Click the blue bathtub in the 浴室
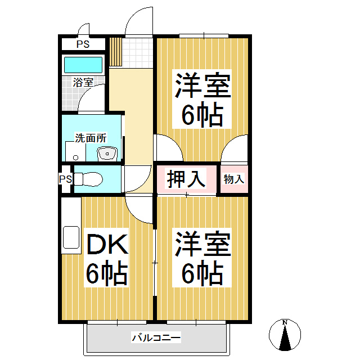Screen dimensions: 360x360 pyautogui.click(x=83, y=65)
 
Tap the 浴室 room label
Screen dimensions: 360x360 pyautogui.click(x=83, y=82)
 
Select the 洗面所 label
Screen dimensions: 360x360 pyautogui.click(x=91, y=138)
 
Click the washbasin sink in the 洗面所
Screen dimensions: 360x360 pyautogui.click(x=107, y=154)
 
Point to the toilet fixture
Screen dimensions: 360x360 pyautogui.click(x=88, y=179)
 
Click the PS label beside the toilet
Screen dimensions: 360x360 pyautogui.click(x=66, y=179)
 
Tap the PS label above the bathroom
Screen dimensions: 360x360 pyautogui.click(x=83, y=44)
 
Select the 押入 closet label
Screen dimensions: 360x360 pyautogui.click(x=186, y=179)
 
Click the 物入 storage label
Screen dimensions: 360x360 pyautogui.click(x=234, y=179)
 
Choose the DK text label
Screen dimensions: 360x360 pyautogui.click(x=107, y=244)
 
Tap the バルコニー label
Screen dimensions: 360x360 pyautogui.click(x=156, y=337)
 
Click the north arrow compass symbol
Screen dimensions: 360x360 pyautogui.click(x=285, y=335)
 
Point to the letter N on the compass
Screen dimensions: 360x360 pyautogui.click(x=285, y=322)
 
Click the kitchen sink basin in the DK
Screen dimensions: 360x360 pyautogui.click(x=71, y=237)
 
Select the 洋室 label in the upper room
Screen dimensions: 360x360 pyautogui.click(x=203, y=85)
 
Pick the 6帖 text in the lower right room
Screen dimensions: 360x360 pyautogui.click(x=202, y=273)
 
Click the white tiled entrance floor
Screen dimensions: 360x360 pyautogui.click(x=137, y=53)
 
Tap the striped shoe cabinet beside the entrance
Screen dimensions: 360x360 pyautogui.click(x=115, y=52)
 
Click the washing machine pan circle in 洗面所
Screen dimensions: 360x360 pyautogui.click(x=75, y=157)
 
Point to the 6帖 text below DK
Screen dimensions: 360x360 pyautogui.click(x=107, y=273)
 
